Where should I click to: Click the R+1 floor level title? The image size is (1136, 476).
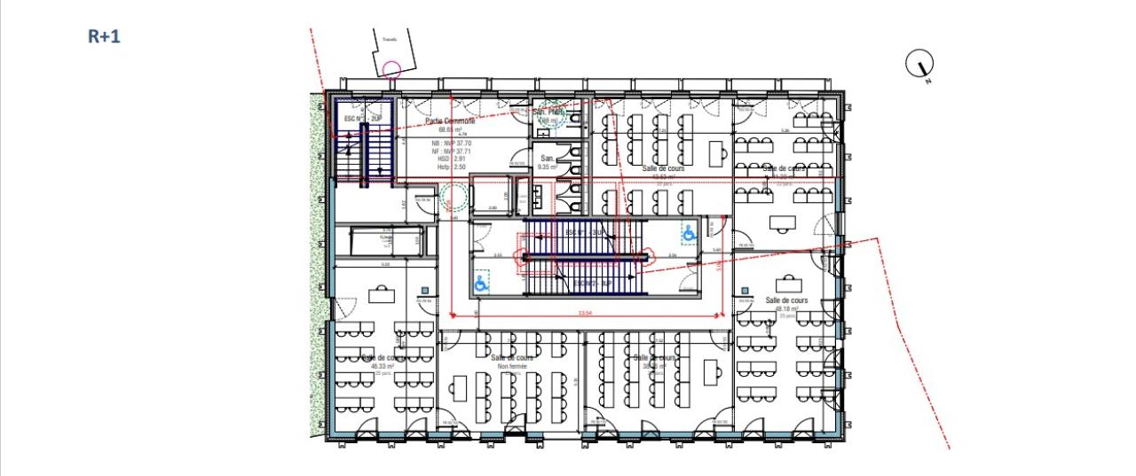coord(104,36)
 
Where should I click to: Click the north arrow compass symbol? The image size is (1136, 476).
coord(920,64)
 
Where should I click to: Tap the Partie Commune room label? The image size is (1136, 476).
coord(450,121)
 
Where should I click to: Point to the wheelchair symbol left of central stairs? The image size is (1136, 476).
coord(481,283)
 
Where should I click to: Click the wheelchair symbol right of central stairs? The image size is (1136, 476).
coord(688,233)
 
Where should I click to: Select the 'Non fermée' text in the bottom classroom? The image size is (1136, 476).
coord(512,366)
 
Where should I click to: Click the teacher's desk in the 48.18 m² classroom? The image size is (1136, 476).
coord(787,284)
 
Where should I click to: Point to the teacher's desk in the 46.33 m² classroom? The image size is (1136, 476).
coord(382,293)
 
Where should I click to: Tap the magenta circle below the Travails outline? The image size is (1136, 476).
coord(391,68)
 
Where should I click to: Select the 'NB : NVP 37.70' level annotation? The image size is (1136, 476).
coord(452,143)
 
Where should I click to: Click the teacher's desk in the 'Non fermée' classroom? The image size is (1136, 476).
coord(460,387)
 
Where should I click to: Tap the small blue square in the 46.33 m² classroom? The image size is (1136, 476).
coord(425,290)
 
